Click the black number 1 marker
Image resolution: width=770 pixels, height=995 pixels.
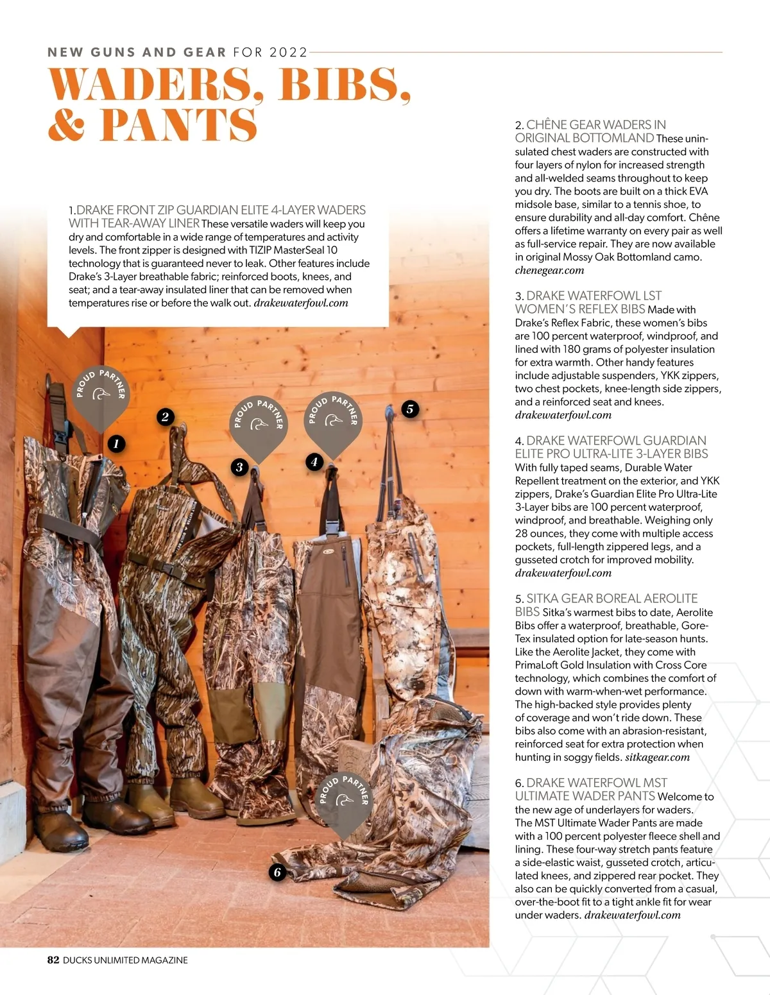click(x=116, y=443)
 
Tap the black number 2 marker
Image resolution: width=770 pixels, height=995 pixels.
click(x=165, y=417)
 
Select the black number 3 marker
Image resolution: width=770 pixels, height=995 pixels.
click(x=239, y=466)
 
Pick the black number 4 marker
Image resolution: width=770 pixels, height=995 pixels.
click(x=314, y=461)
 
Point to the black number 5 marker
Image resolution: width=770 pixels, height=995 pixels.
click(x=409, y=409)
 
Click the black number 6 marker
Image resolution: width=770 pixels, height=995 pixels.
click(x=277, y=872)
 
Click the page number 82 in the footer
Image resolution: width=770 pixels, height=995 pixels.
click(x=53, y=960)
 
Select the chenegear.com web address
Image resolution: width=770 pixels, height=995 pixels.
click(x=549, y=270)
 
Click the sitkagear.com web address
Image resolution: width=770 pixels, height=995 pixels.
click(x=658, y=757)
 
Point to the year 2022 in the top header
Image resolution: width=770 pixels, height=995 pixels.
click(x=288, y=52)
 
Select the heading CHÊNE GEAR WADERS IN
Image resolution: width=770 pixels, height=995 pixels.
click(x=596, y=124)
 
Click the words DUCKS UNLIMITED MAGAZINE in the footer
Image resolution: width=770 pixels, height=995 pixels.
click(x=125, y=960)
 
